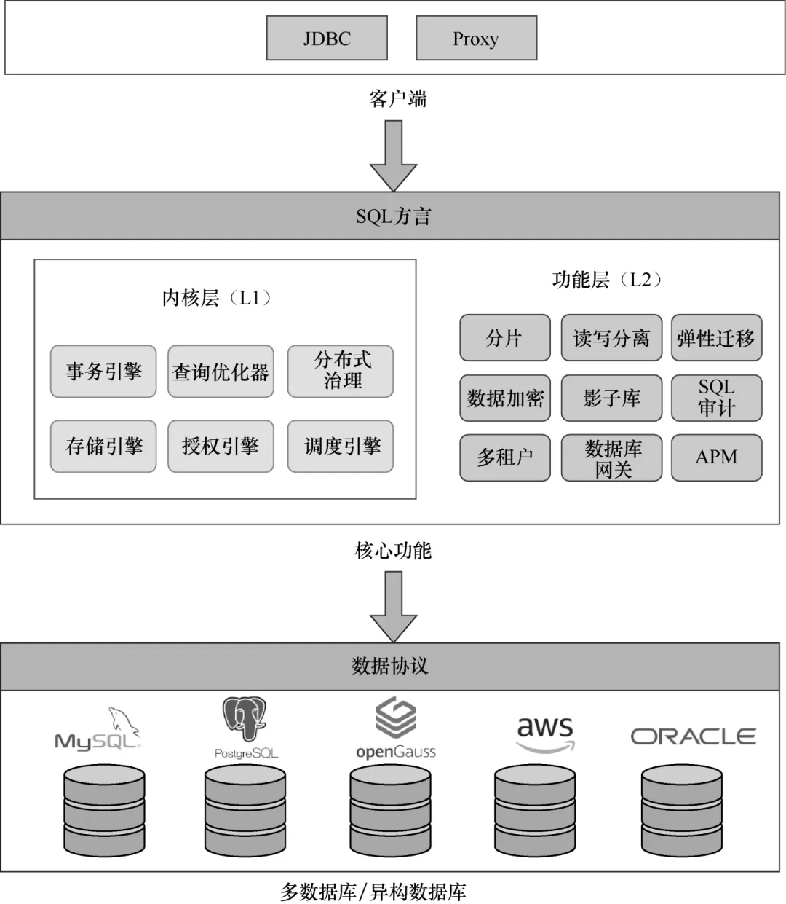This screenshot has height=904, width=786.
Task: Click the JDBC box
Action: pyautogui.click(x=327, y=38)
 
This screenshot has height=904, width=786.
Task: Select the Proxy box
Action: pyautogui.click(x=477, y=38)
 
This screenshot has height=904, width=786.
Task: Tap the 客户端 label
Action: pyautogui.click(x=397, y=98)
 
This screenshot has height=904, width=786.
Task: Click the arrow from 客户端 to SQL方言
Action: pyautogui.click(x=393, y=156)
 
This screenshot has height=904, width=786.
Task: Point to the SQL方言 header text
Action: pyautogui.click(x=393, y=216)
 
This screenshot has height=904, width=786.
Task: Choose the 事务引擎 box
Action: pyautogui.click(x=103, y=372)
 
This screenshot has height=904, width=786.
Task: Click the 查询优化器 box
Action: pyautogui.click(x=221, y=372)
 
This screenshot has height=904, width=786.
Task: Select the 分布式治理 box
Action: pyautogui.click(x=341, y=372)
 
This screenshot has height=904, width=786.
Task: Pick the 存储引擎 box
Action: pyautogui.click(x=103, y=447)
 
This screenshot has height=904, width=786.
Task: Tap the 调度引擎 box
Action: pyautogui.click(x=341, y=447)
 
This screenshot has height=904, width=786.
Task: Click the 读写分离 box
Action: pyautogui.click(x=611, y=337)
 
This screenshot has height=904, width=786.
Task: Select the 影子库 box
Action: pyautogui.click(x=611, y=398)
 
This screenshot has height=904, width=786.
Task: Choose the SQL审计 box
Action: pyautogui.click(x=717, y=398)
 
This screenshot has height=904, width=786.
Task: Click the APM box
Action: pyautogui.click(x=717, y=457)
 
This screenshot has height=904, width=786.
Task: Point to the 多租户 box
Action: pyautogui.click(x=505, y=457)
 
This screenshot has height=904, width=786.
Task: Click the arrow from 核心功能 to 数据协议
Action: pyautogui.click(x=393, y=607)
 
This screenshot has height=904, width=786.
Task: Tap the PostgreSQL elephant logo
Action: pyautogui.click(x=244, y=719)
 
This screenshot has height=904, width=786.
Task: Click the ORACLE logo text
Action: pyautogui.click(x=694, y=736)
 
